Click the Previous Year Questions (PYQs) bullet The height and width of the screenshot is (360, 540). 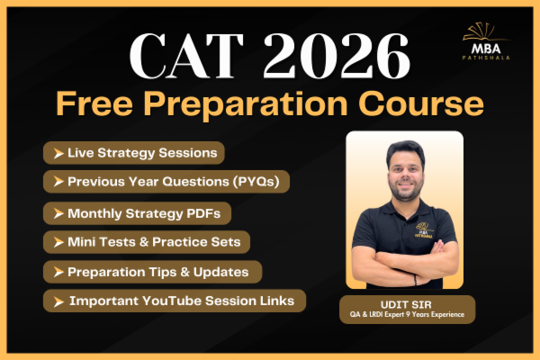(166, 182)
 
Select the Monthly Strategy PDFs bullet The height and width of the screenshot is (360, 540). (137, 213)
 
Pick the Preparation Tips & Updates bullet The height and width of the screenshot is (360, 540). (152, 271)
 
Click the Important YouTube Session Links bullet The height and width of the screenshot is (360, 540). (175, 300)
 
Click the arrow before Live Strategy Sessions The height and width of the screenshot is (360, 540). (58, 153)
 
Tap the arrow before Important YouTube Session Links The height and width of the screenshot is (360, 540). (58, 301)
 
